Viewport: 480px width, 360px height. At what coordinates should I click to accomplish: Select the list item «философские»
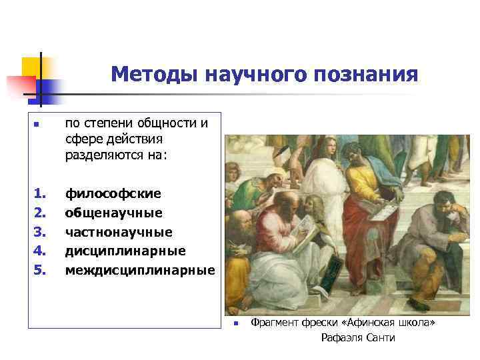113,194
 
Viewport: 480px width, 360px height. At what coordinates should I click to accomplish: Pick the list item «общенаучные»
113,213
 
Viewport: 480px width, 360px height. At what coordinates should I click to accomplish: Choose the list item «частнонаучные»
118,232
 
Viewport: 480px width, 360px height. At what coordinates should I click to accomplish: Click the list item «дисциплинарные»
125,251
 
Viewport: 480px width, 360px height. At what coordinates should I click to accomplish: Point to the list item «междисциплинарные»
139,270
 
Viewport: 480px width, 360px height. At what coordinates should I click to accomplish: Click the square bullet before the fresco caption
236,323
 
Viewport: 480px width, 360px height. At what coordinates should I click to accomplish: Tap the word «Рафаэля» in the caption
342,338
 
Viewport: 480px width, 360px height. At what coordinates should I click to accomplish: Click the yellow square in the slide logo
32,67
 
